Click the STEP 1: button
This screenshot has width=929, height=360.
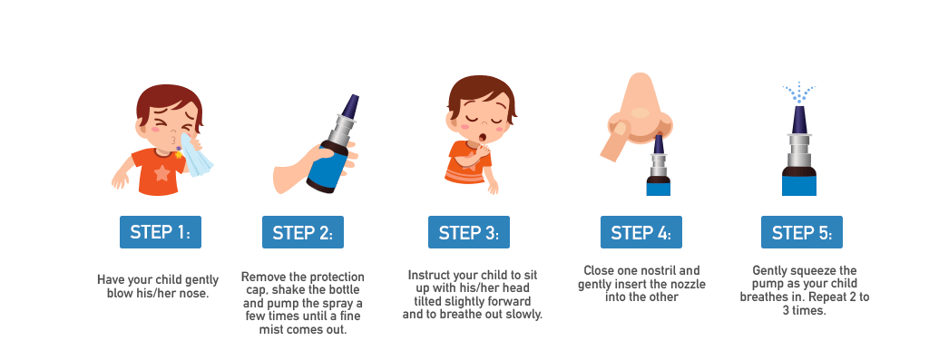pos(161,232)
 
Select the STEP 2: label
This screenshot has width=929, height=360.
pos(303,232)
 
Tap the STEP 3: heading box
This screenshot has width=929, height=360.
pos(469,232)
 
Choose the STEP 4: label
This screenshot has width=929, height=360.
pos(641,232)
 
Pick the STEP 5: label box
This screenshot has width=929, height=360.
pos(802,232)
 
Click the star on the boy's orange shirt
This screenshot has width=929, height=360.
pos(161,173)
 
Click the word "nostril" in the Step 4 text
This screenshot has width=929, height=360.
pos(659,270)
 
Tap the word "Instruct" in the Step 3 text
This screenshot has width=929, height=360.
pos(428,276)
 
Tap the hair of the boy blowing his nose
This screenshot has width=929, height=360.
pos(169,101)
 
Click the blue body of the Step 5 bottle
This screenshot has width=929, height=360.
pos(798,185)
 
